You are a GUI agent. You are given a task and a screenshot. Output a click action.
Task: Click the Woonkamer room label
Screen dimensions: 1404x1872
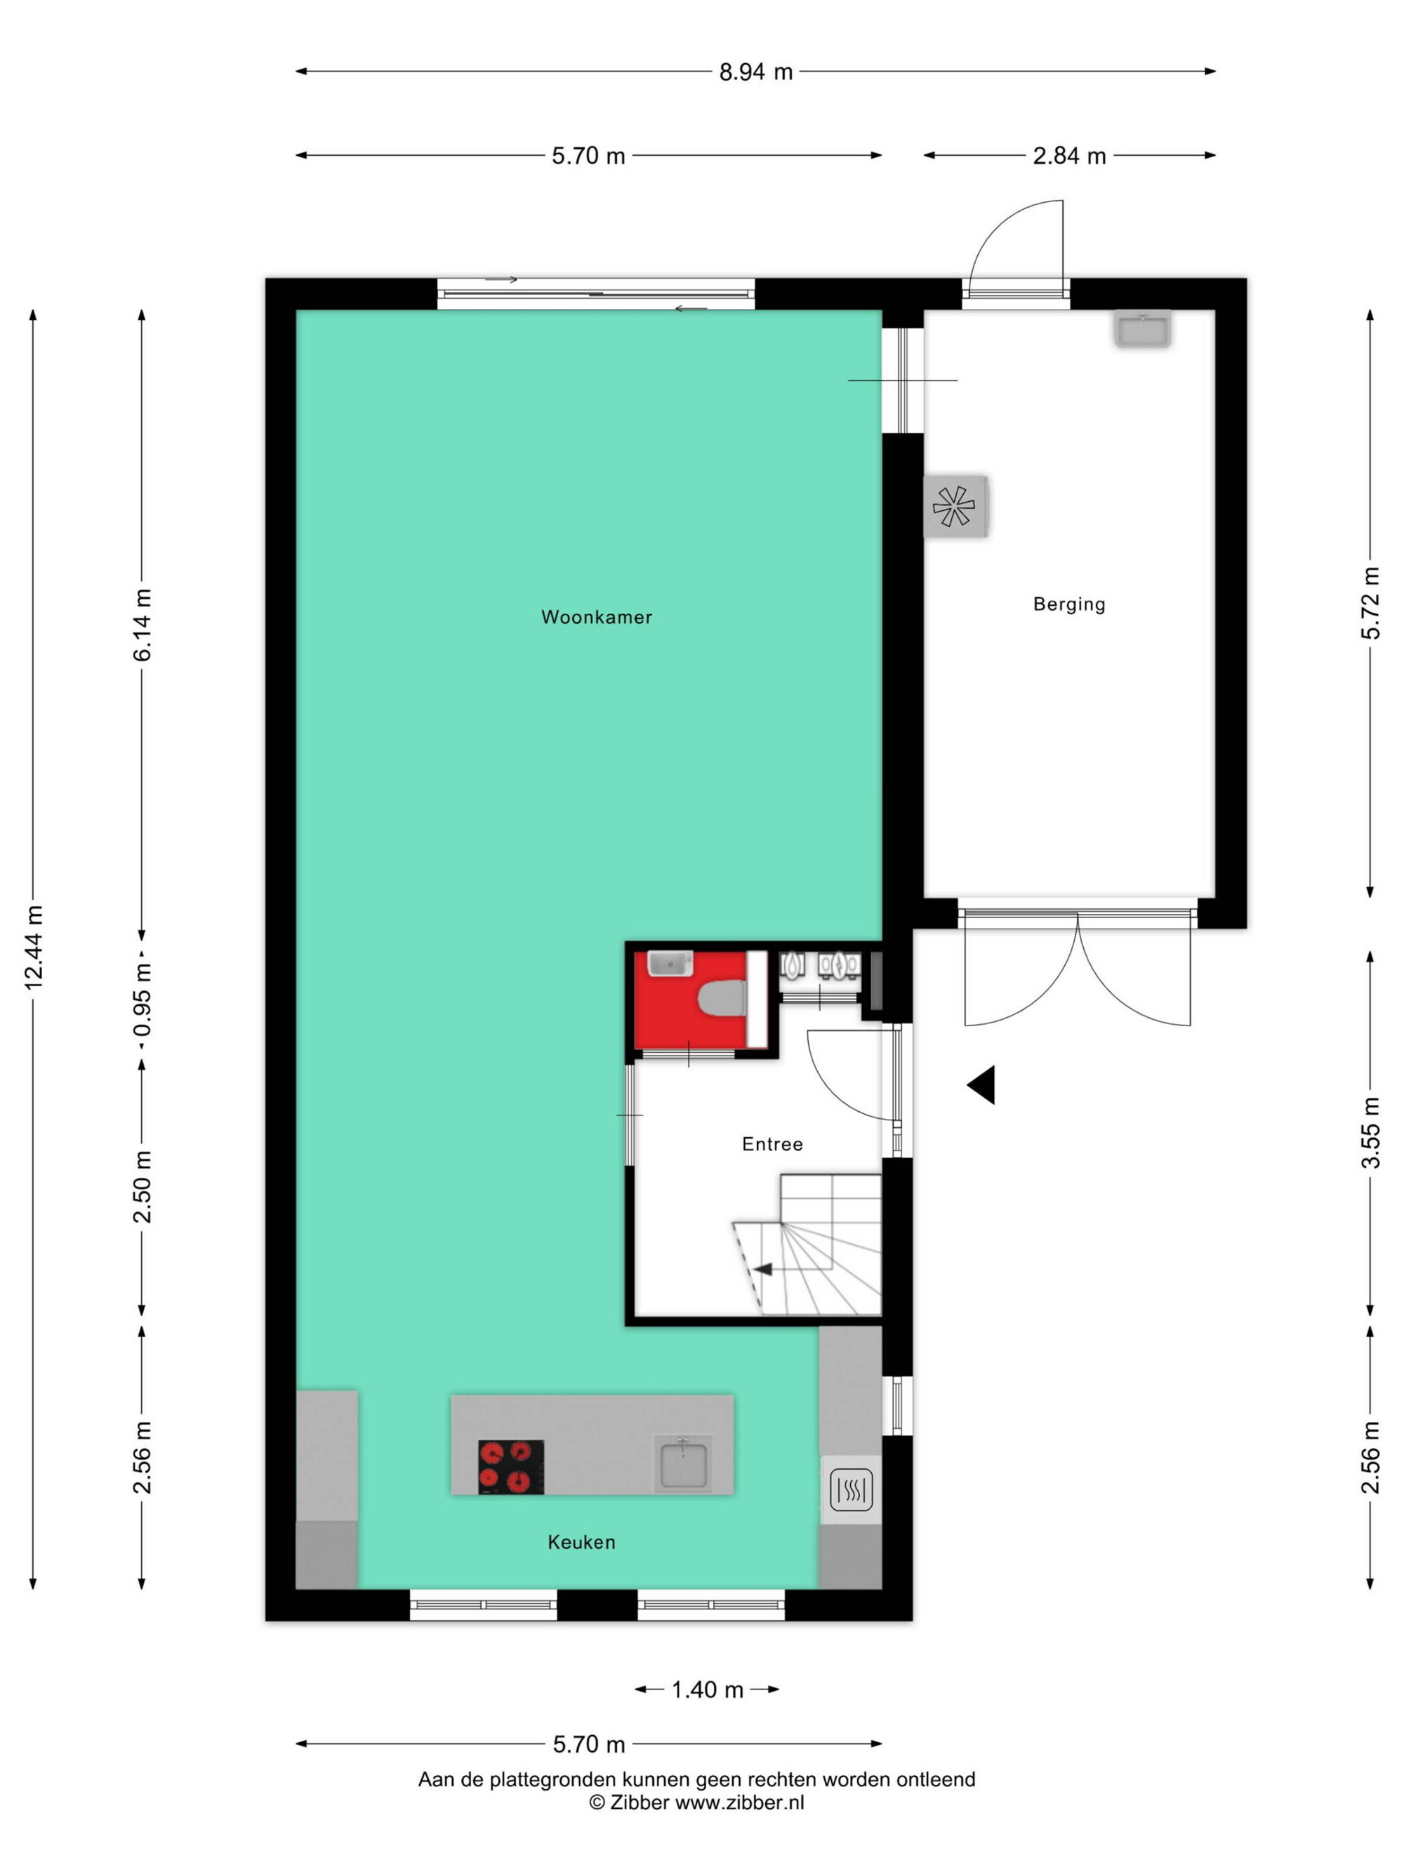tap(596, 617)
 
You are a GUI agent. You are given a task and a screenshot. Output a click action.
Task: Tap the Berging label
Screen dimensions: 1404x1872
tap(1069, 604)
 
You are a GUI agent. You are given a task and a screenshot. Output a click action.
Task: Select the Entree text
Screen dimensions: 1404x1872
tap(771, 1144)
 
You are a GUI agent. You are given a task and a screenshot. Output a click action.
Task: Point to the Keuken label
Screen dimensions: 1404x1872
tap(581, 1542)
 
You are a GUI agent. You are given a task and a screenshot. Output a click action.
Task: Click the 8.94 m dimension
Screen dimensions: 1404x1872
tap(756, 72)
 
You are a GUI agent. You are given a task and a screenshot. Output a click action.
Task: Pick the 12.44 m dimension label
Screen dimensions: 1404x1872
tap(33, 947)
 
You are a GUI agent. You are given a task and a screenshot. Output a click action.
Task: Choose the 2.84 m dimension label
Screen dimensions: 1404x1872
tap(1069, 156)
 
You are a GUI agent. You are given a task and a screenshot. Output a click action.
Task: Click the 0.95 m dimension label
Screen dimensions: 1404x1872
tap(143, 1000)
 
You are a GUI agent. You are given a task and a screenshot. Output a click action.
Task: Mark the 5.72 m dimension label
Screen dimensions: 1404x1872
tap(1370, 602)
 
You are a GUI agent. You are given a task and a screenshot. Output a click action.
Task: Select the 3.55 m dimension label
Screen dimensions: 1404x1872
tap(1370, 1133)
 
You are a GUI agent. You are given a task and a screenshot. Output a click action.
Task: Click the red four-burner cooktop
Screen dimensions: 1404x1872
tap(510, 1466)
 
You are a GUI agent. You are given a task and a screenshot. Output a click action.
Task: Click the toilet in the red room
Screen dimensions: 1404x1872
tap(722, 999)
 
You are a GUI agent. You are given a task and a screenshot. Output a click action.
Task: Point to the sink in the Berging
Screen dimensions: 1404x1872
tap(1141, 328)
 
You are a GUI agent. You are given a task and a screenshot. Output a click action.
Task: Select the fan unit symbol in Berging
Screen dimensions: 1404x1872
tap(954, 506)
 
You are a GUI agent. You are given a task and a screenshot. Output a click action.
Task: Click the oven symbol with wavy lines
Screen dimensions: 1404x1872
tap(851, 1490)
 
